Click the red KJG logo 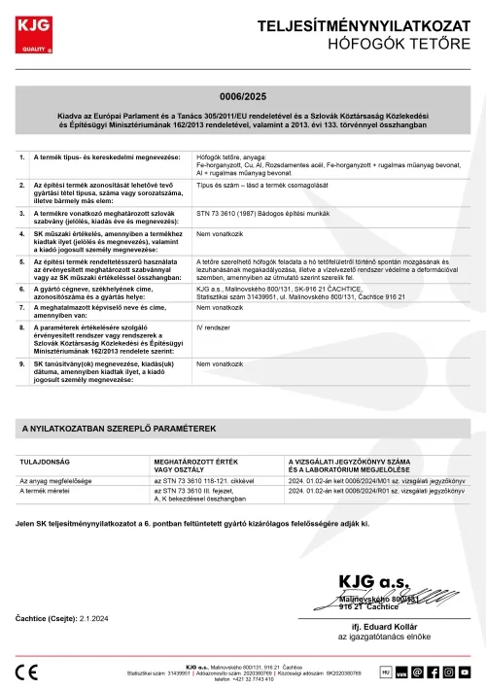pyautogui.click(x=35, y=32)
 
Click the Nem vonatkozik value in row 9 pyautogui.click(x=217, y=363)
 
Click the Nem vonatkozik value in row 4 pyautogui.click(x=217, y=234)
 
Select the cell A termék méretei pyautogui.click(x=48, y=492)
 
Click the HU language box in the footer pyautogui.click(x=386, y=671)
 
